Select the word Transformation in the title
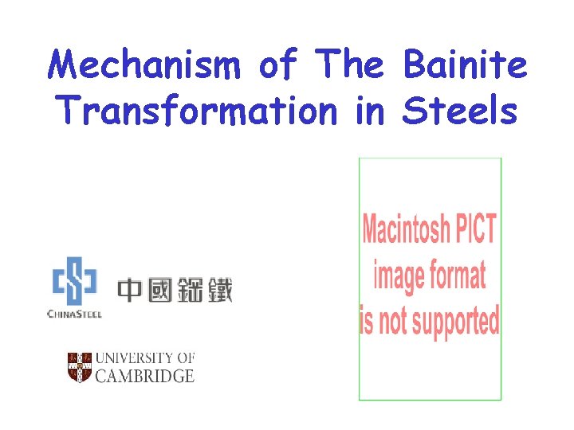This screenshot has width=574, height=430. click(196, 111)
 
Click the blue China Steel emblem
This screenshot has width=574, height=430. click(74, 280)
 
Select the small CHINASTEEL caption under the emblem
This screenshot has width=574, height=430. click(74, 314)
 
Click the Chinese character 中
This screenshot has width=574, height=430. click(131, 290)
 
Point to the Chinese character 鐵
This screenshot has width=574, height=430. click(218, 290)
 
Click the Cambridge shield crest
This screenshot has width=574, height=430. click(80, 366)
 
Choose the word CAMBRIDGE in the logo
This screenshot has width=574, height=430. click(144, 376)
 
